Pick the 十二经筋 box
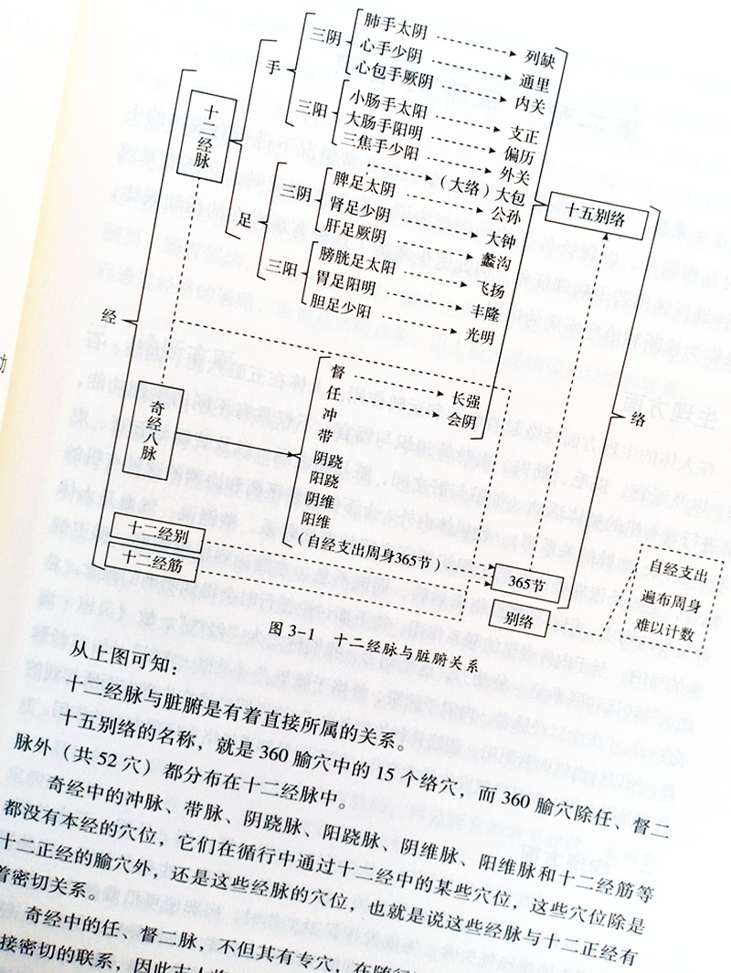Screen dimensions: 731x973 tap(151, 565)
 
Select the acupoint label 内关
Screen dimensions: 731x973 tap(517, 102)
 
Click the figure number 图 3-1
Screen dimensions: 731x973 tap(301, 629)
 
